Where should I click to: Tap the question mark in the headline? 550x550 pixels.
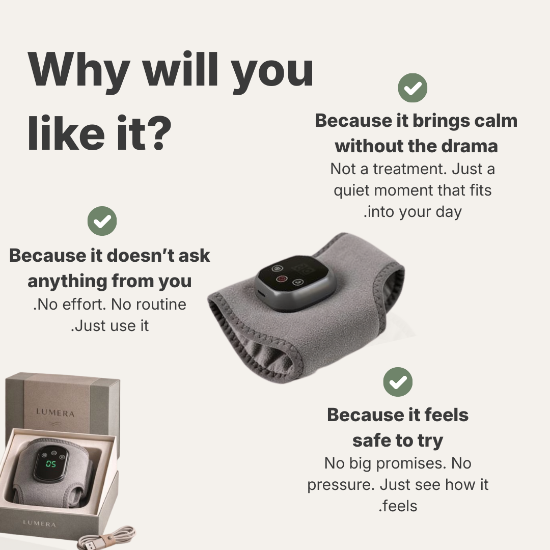[x=159, y=133]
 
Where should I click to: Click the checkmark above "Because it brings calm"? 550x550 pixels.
[x=413, y=88]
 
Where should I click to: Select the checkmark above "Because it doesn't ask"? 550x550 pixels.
[x=102, y=221]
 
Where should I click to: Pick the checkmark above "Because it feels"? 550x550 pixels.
[x=398, y=382]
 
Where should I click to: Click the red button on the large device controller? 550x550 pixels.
[x=281, y=279]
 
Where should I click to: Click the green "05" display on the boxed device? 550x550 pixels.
[x=51, y=464]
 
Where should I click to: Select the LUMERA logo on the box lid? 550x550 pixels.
[x=56, y=413]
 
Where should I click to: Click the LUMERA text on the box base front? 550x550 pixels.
[x=39, y=524]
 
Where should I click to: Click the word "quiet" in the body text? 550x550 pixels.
[x=352, y=191]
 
